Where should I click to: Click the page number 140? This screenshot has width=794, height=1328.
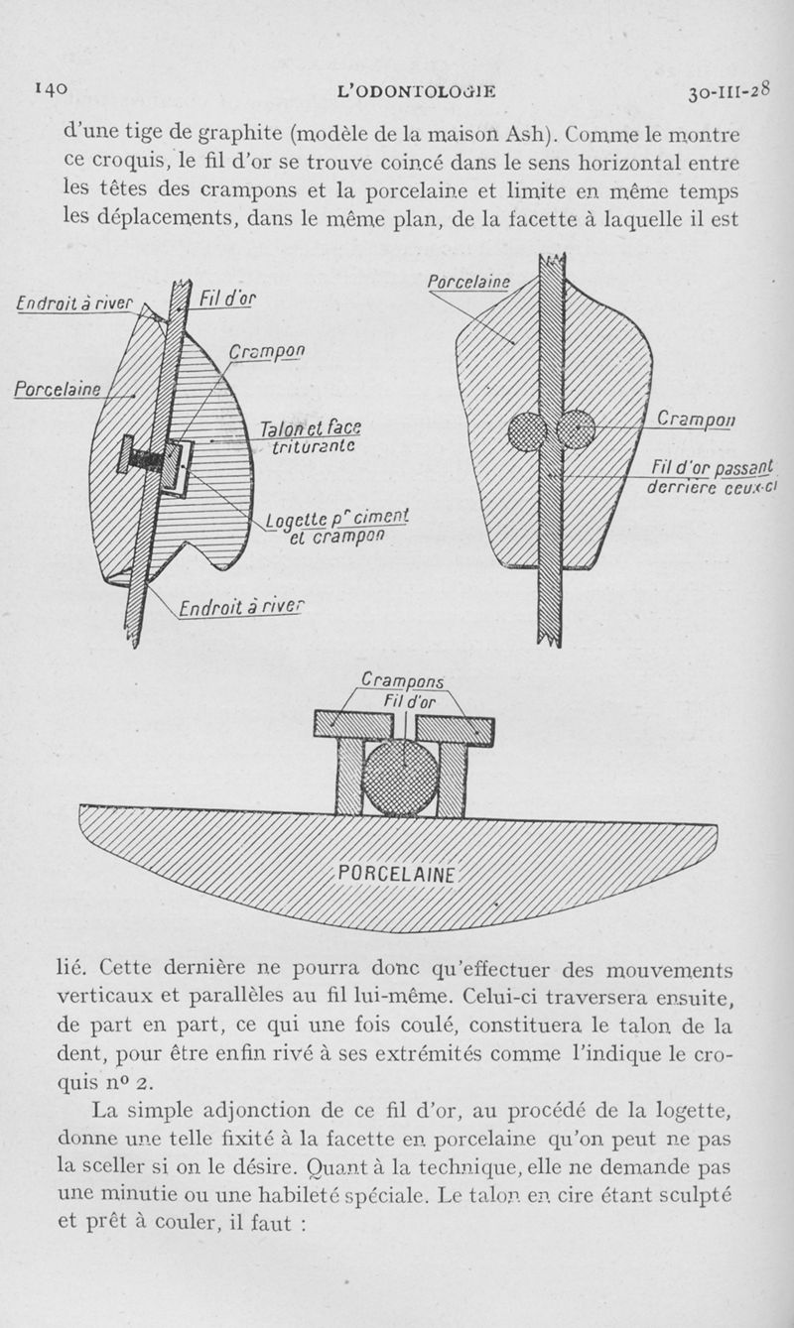pyautogui.click(x=51, y=88)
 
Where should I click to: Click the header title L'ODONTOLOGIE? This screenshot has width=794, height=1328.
pyautogui.click(x=417, y=92)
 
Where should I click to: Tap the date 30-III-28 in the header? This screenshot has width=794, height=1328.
pyautogui.click(x=728, y=92)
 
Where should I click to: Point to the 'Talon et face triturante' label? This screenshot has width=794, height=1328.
pyautogui.click(x=309, y=436)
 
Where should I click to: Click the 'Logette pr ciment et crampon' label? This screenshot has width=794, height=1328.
pyautogui.click(x=337, y=529)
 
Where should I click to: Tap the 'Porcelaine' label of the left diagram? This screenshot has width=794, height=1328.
pyautogui.click(x=57, y=389)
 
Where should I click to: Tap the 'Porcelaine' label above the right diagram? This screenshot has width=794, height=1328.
pyautogui.click(x=468, y=283)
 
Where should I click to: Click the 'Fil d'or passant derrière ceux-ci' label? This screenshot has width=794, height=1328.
pyautogui.click(x=712, y=477)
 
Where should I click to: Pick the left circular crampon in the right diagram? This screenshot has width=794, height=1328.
pyautogui.click(x=527, y=431)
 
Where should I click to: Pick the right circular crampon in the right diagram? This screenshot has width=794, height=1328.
pyautogui.click(x=576, y=430)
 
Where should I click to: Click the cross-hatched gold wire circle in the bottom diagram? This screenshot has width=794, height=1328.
pyautogui.click(x=400, y=777)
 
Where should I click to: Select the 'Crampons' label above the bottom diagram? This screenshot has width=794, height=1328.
pyautogui.click(x=402, y=681)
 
